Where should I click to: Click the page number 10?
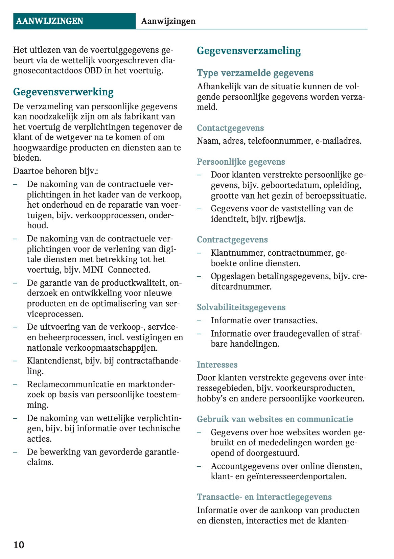click(x=19, y=545)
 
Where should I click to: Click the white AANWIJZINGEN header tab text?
click(x=49, y=21)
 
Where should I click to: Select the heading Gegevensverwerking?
click(x=63, y=92)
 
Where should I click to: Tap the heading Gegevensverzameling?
click(x=249, y=51)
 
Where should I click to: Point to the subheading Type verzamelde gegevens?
click(x=255, y=73)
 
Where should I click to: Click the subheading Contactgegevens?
click(x=230, y=128)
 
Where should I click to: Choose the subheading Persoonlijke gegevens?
click(x=241, y=162)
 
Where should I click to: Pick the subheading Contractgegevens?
click(x=232, y=240)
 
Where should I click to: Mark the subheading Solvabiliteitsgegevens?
click(x=241, y=307)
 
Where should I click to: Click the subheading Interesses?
click(x=217, y=365)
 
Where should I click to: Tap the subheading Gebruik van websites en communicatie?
click(x=275, y=419)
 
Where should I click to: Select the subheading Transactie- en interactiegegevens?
click(x=264, y=497)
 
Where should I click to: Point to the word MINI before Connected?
click(x=93, y=270)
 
